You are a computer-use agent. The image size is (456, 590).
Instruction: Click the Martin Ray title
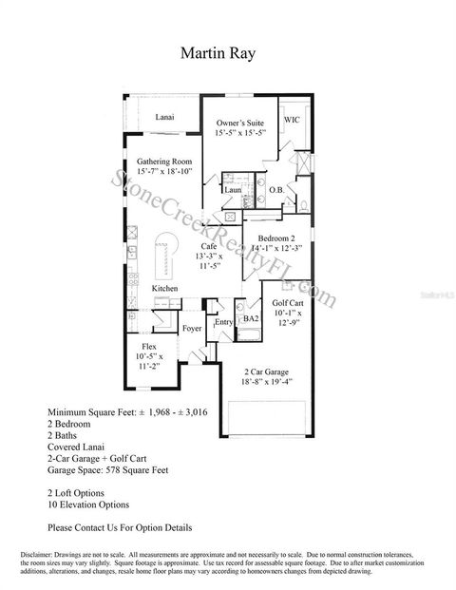pos(228,53)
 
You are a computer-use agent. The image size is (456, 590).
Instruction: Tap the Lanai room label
pos(164,118)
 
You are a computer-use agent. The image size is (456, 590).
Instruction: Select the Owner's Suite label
pos(238,124)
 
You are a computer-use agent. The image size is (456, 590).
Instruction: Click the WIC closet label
pos(292,121)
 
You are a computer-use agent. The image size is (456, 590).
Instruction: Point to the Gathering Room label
pos(164,162)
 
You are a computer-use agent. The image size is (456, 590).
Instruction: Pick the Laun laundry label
pos(232,189)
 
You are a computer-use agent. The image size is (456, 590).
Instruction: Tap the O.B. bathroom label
pos(276,190)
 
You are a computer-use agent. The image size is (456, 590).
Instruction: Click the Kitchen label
pos(165,288)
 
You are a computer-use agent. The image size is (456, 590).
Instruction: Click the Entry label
pos(224,323)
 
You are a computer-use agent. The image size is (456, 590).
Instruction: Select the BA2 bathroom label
pos(251,319)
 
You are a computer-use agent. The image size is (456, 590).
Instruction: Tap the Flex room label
pos(149,347)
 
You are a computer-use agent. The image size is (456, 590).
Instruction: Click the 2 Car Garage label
pos(265,371)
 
